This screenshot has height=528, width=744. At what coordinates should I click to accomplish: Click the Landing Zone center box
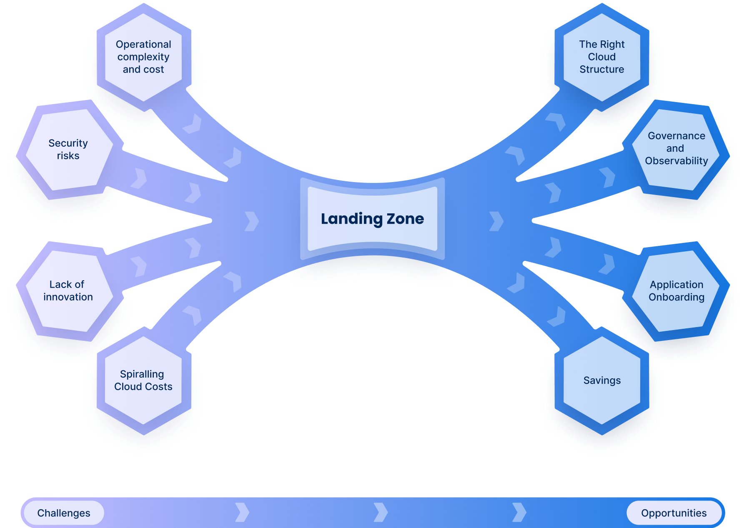coord(372,219)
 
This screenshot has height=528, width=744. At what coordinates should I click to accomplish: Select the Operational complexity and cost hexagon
coord(143,57)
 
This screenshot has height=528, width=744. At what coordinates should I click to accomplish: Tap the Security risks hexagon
coord(68,150)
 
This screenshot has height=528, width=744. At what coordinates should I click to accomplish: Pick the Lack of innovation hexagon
coord(68,291)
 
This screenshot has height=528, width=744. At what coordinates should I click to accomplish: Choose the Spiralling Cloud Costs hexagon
coord(143,380)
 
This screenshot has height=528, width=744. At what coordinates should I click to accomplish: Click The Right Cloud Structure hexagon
coord(602,57)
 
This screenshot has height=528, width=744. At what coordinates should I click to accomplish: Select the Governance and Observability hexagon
coord(676,149)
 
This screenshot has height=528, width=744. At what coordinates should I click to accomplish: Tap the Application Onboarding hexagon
coord(676,291)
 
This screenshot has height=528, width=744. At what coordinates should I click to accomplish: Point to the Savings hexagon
coord(602,380)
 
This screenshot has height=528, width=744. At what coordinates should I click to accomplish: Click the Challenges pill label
coord(64,513)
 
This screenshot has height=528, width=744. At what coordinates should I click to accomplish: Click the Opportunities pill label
coord(674,513)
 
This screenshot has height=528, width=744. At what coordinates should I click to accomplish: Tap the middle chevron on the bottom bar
coord(381,512)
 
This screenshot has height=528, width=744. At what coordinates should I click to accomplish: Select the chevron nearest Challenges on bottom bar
coord(242,512)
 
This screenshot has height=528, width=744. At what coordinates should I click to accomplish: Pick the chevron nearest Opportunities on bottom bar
coord(519,512)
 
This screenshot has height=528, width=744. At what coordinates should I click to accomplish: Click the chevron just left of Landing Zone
coord(251,221)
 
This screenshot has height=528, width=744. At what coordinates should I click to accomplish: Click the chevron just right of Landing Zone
coord(496,221)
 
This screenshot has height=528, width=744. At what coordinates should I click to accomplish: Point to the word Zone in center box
coord(405,219)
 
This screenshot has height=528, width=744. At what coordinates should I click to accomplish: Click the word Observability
coord(676,161)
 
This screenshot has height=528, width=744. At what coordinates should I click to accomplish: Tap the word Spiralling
coord(142,374)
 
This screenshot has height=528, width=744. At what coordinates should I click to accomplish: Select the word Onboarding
coord(676,297)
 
